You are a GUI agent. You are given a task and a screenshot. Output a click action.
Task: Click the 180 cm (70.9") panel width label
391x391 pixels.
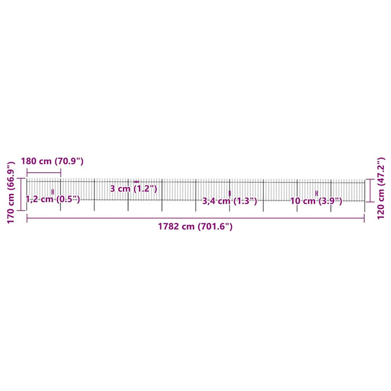coord(52,161)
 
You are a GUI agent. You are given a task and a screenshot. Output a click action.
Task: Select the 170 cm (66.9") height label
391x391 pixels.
coord(11,192)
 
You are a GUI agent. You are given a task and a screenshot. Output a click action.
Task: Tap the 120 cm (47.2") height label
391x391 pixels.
coord(381,188)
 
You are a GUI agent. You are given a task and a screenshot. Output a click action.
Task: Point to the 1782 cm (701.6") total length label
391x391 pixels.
coord(195,226)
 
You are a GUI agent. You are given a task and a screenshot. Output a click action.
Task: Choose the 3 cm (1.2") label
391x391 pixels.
coord(133,189)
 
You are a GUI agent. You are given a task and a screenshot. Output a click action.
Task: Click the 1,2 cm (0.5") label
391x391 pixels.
coord(53,199)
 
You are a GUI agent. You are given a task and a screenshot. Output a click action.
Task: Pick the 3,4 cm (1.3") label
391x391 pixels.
coord(230,201)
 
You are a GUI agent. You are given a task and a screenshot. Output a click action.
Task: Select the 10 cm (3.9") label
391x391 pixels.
coord(316,201)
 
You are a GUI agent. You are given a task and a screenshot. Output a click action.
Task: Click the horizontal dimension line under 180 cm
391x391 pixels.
coord(44,172)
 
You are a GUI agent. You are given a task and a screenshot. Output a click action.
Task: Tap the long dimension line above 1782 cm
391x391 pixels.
coord(195,218)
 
